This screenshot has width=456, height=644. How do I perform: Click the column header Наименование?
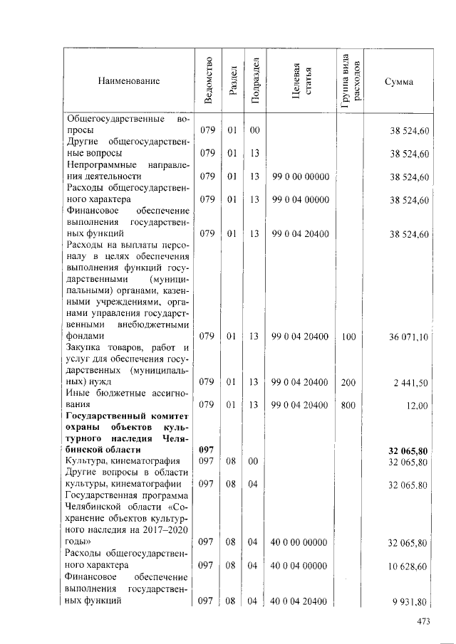tap(129, 82)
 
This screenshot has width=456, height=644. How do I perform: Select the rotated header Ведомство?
tap(207, 82)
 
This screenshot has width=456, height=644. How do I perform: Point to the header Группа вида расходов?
tap(351, 82)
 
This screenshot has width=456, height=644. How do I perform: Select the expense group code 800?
tap(348, 406)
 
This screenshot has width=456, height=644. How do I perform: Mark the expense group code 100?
tap(348, 337)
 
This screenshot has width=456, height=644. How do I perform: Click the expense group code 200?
tap(348, 383)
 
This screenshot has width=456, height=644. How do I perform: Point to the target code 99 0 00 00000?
tap(300, 176)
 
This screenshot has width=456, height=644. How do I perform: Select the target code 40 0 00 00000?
tap(300, 544)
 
